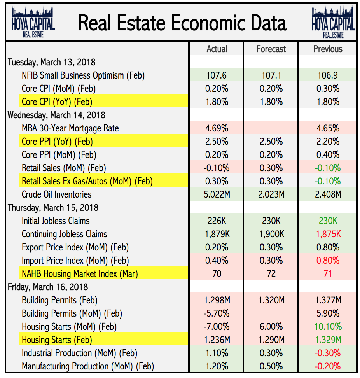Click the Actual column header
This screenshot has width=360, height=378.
pyautogui.click(x=217, y=49)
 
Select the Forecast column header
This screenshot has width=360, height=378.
pyautogui.click(x=271, y=49)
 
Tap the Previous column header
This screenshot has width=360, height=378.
pyautogui.click(x=328, y=49)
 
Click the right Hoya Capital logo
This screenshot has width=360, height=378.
pyautogui.click(x=333, y=23)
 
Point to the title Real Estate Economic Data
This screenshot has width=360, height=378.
pyautogui.click(x=182, y=23)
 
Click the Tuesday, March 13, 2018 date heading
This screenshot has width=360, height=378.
pyautogui.click(x=52, y=62)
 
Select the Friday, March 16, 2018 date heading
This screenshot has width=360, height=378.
pyautogui.click(x=48, y=287)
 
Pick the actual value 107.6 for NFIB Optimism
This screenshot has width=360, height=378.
pyautogui.click(x=217, y=75)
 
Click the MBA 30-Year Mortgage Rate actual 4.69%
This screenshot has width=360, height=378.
pyautogui.click(x=217, y=128)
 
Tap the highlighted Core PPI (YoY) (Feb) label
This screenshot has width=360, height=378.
pyautogui.click(x=57, y=142)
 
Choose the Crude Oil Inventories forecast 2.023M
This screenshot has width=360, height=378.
pyautogui.click(x=271, y=194)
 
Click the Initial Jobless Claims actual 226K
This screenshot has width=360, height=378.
pyautogui.click(x=217, y=221)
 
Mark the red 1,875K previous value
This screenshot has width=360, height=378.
pyautogui.click(x=328, y=234)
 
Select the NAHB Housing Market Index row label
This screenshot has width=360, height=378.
pyautogui.click(x=80, y=274)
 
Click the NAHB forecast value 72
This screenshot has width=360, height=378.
pyautogui.click(x=271, y=274)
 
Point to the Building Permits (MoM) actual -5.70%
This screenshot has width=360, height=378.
pyautogui.click(x=217, y=313)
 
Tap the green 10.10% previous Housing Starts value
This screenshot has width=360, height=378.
pyautogui.click(x=328, y=327)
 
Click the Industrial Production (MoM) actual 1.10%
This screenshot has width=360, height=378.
pyautogui.click(x=217, y=353)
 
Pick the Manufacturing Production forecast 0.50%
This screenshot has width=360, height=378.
pyautogui.click(x=271, y=366)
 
